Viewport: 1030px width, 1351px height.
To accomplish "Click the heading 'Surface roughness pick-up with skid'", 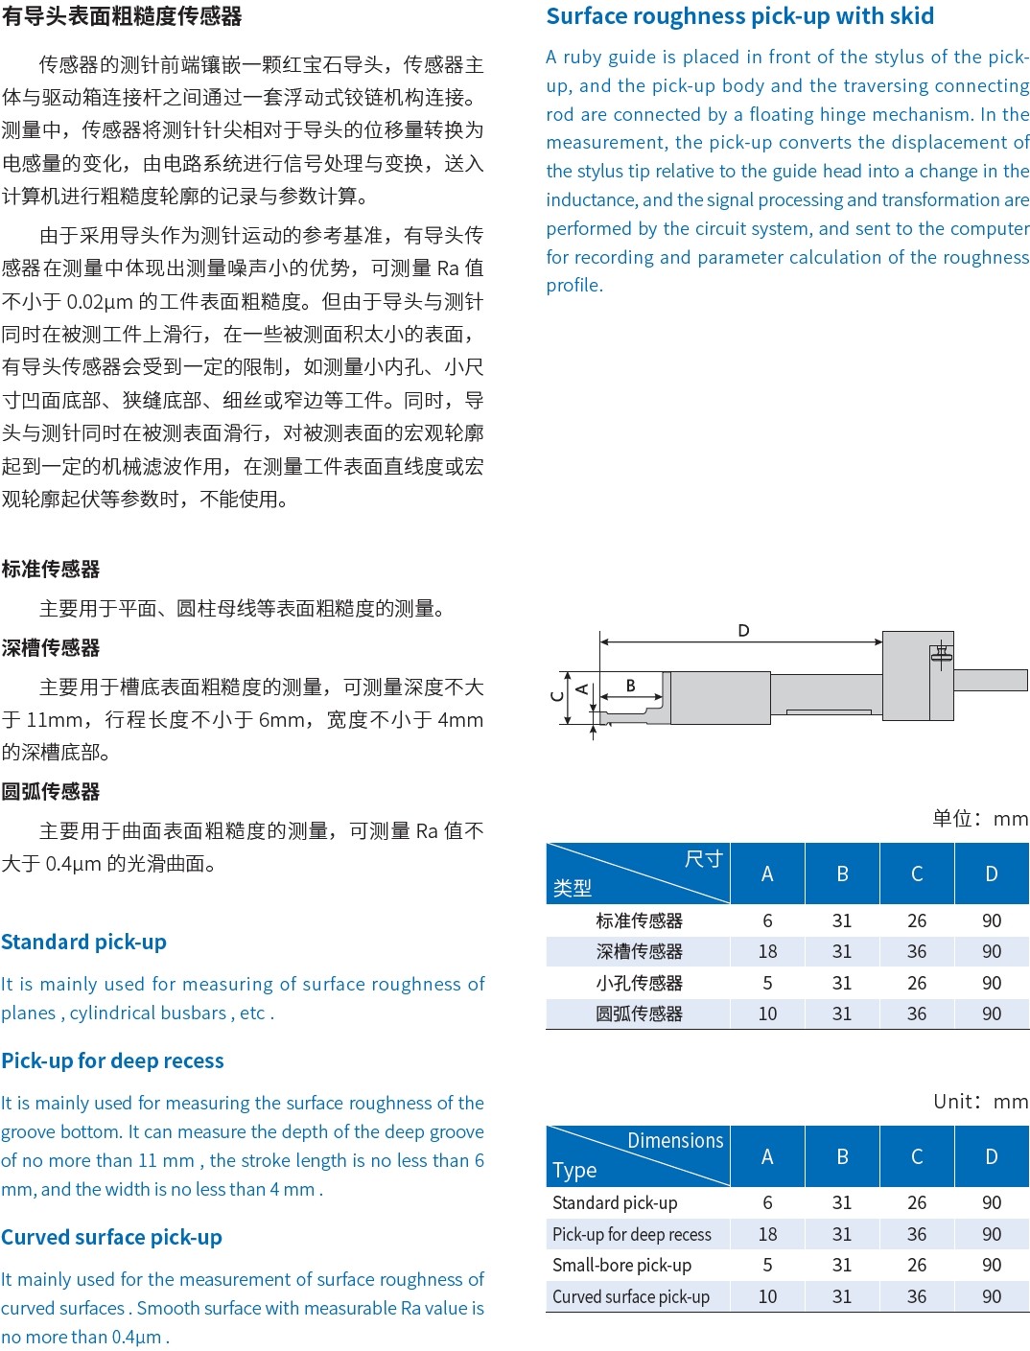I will click(x=739, y=16).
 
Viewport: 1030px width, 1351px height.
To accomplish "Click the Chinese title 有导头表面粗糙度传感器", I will click(x=122, y=16).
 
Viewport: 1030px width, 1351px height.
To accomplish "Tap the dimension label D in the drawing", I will click(x=743, y=631).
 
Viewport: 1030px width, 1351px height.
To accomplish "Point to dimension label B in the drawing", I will click(x=630, y=686).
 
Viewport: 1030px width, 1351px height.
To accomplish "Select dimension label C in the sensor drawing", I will click(x=557, y=696).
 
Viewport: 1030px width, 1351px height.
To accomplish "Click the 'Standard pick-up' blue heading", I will click(x=84, y=942).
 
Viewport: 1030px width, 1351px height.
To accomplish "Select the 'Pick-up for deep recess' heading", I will click(x=112, y=1060).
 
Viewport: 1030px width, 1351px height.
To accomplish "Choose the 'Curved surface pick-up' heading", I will click(x=111, y=1237).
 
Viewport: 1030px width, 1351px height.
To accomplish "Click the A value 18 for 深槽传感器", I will click(x=767, y=951).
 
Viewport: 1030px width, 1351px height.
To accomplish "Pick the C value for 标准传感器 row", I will click(x=917, y=920).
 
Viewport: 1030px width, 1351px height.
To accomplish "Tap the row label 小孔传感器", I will click(x=639, y=983).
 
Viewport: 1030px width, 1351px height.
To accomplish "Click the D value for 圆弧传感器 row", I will click(x=992, y=1013).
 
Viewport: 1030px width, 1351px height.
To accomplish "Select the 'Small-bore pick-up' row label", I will click(x=621, y=1265).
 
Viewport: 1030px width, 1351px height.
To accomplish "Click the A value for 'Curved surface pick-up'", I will click(x=767, y=1296).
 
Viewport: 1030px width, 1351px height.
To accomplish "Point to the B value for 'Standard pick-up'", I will click(x=842, y=1202).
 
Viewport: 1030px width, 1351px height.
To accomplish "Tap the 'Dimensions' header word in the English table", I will click(x=675, y=1140).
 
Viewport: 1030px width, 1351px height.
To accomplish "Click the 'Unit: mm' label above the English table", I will click(x=980, y=1101).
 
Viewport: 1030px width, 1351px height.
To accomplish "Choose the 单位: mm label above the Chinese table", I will click(x=979, y=818).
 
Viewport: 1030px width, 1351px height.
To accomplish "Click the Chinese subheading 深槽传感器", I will click(x=51, y=647).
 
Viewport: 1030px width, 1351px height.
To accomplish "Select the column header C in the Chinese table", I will click(x=917, y=873).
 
